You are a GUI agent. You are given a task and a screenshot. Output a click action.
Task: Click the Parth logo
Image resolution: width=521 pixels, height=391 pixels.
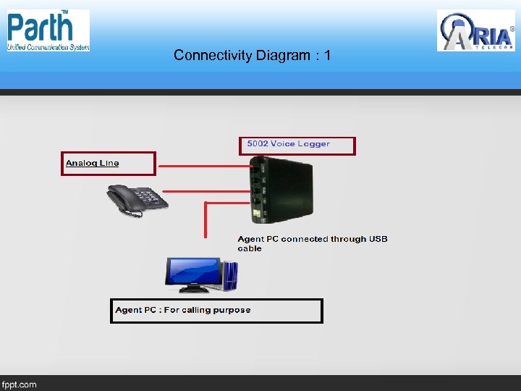tap(48, 30)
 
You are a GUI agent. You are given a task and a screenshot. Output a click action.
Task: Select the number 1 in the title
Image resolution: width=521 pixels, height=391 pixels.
tap(328, 55)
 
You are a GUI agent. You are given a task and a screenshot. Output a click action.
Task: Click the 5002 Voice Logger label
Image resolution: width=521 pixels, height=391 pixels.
tap(288, 144)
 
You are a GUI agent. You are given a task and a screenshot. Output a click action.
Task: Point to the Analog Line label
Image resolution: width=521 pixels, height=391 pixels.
tap(93, 163)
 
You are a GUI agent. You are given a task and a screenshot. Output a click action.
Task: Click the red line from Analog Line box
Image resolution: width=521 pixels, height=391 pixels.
tap(203, 167)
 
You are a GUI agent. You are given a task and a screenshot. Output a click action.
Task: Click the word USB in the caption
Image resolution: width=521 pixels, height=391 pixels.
tap(378, 239)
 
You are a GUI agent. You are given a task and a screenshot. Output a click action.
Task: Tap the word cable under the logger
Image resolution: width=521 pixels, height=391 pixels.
tap(250, 248)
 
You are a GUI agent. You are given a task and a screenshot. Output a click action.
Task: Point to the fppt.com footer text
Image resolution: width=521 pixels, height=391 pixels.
tap(20, 384)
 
